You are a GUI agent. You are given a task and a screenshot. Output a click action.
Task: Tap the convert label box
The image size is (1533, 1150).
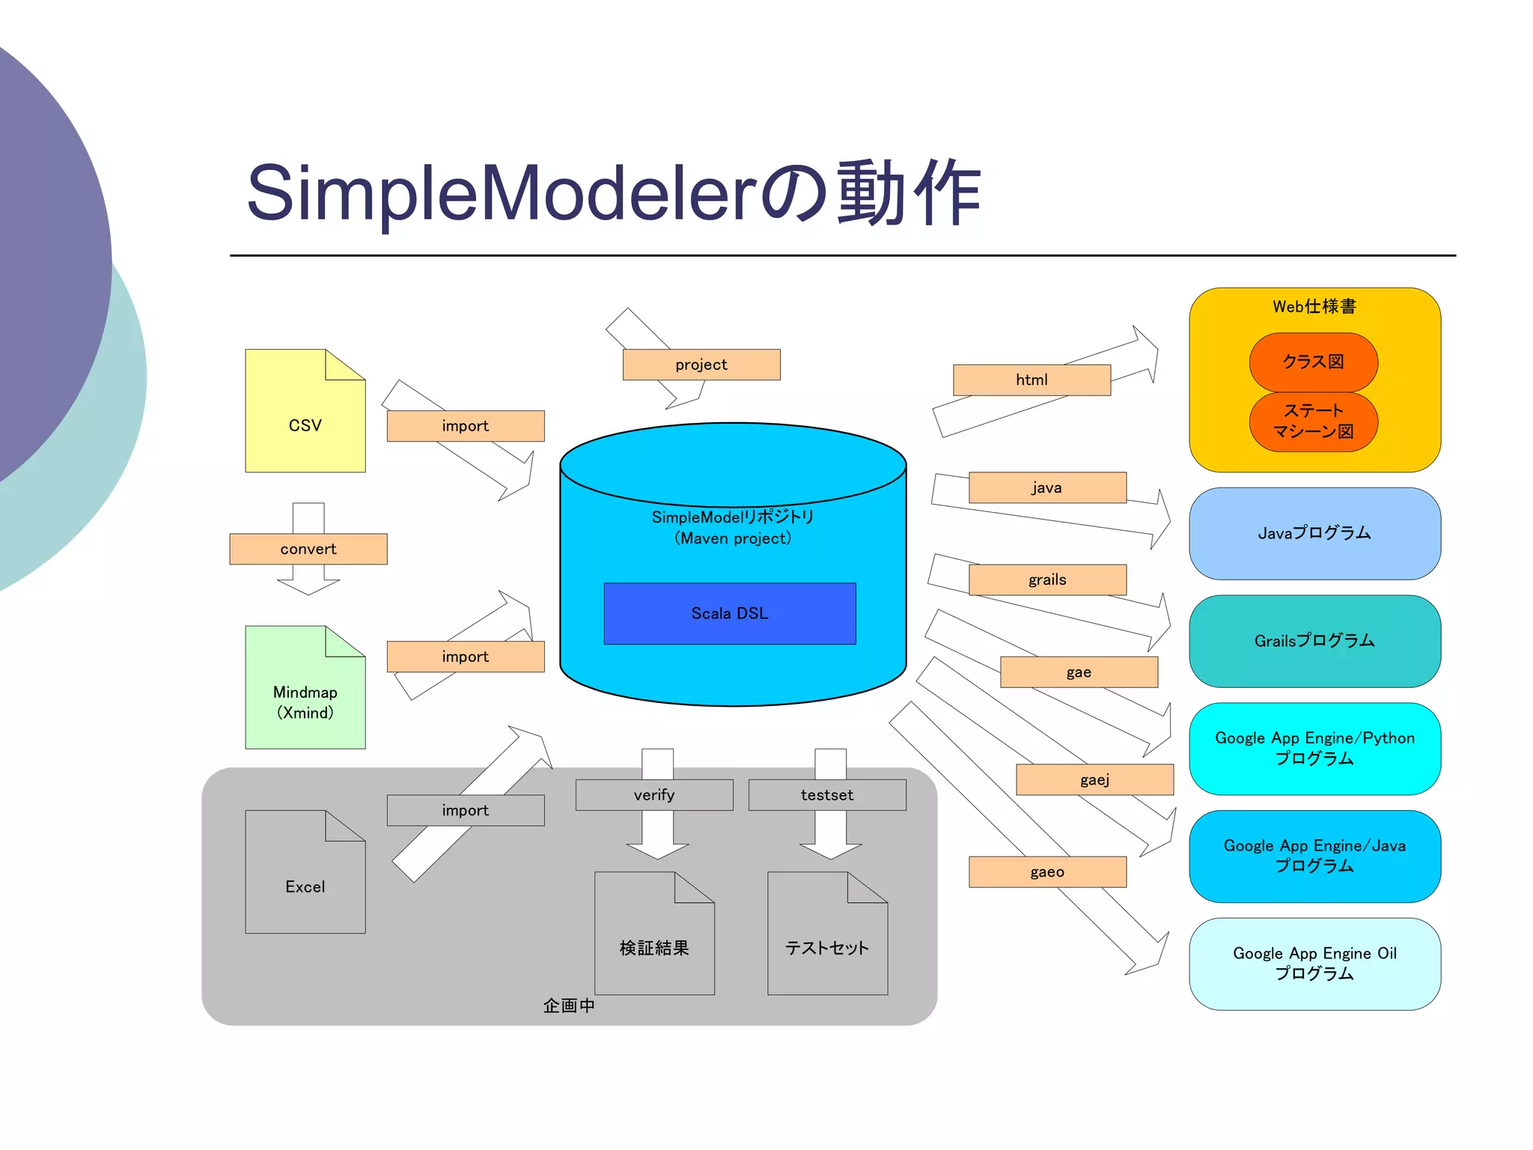pos(308,549)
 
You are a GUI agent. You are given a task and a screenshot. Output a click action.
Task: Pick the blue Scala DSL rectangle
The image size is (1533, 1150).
pos(729,613)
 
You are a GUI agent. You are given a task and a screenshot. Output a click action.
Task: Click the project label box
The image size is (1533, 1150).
pos(701,365)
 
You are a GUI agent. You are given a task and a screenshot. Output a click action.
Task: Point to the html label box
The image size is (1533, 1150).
pos(1031,380)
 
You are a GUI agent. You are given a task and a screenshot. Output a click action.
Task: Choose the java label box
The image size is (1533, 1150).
pos(1046,487)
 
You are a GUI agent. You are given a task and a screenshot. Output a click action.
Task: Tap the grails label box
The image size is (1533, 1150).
pos(1046,579)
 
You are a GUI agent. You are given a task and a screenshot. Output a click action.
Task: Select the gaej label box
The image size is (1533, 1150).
pos(1094,779)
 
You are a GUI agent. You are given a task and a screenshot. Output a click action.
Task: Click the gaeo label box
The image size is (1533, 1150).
pos(1046,871)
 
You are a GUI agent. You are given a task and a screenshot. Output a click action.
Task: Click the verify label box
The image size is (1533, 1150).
pos(653,795)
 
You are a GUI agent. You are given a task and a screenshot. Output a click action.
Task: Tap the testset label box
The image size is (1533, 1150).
pos(826,795)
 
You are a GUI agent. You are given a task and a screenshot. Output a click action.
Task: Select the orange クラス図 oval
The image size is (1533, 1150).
pos(1313,362)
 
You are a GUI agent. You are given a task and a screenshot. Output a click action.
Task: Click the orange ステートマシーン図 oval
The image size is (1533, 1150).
pos(1313,422)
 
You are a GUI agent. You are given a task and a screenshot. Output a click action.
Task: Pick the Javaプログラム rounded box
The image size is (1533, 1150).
pos(1314,533)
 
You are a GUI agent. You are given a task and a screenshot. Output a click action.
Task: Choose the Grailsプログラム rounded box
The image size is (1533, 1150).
pos(1314,641)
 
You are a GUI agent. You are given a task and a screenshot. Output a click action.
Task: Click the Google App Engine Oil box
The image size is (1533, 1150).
pos(1314,964)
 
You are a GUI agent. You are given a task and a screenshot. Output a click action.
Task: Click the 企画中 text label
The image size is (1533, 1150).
pos(569,1006)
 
